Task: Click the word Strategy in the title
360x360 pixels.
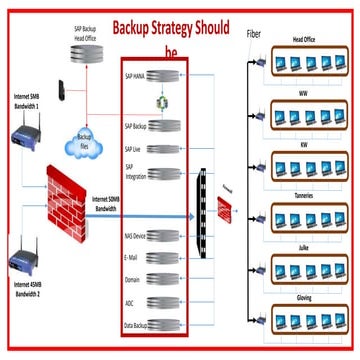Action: click(x=198, y=28)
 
